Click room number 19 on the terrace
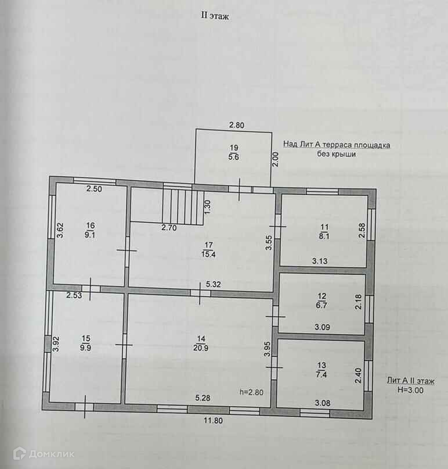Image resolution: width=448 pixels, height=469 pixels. click(233, 147)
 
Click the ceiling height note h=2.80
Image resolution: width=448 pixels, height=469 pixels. click(251, 392)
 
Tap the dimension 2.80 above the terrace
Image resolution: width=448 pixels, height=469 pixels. click(237, 125)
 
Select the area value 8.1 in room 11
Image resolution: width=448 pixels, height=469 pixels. click(324, 237)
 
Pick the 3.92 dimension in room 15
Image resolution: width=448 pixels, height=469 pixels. click(56, 346)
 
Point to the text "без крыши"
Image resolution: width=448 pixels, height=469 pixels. click(336, 155)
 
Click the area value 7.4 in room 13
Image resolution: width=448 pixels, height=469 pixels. click(321, 374)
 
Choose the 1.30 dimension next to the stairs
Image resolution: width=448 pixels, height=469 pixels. click(207, 205)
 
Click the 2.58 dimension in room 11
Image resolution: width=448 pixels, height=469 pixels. click(362, 230)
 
